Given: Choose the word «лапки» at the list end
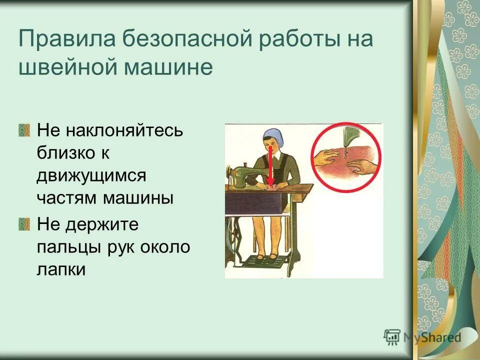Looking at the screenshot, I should [61, 269].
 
